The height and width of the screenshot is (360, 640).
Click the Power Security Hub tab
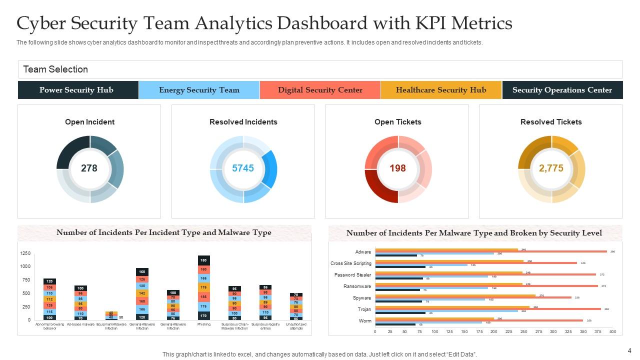(76, 90)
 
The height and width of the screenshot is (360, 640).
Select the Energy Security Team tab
(199, 90)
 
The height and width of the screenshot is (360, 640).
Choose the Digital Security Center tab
(320, 90)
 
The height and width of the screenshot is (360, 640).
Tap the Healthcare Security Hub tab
(440, 90)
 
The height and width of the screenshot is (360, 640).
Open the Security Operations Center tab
(562, 90)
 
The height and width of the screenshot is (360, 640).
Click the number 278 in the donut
(89, 168)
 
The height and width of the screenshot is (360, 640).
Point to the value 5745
(243, 168)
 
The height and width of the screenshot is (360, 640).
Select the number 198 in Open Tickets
(397, 168)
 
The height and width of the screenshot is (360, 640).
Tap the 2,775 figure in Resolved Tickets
(551, 168)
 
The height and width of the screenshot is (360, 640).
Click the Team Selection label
(55, 69)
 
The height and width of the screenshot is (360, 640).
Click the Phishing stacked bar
(204, 287)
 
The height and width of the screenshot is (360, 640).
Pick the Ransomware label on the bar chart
(357, 286)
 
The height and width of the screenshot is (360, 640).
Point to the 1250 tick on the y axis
(25, 253)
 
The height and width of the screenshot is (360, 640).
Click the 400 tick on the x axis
(612, 331)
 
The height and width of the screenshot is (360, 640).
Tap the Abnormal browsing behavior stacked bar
(49, 299)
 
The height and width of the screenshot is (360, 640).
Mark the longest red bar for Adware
(491, 251)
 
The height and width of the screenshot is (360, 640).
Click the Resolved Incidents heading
(243, 122)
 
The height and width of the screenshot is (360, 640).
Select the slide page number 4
(629, 350)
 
